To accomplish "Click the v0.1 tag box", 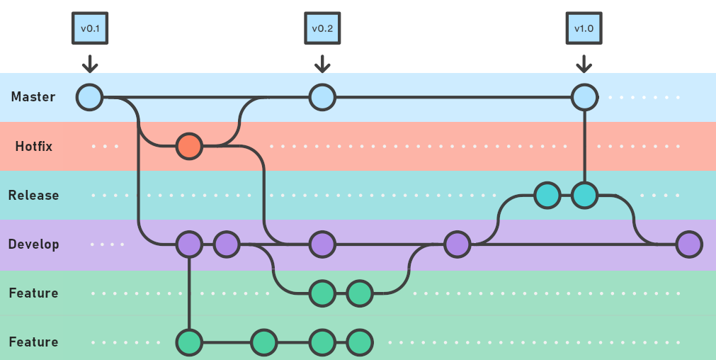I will pyautogui.click(x=89, y=29).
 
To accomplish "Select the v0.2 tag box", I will pyautogui.click(x=322, y=29).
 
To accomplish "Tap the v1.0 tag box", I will pyautogui.click(x=584, y=29).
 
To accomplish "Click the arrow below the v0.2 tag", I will pyautogui.click(x=322, y=64).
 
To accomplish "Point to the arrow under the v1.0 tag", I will pyautogui.click(x=584, y=64).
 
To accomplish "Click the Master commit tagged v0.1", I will pyautogui.click(x=89, y=97).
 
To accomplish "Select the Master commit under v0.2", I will pyautogui.click(x=322, y=97).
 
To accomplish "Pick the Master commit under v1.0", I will pyautogui.click(x=584, y=97).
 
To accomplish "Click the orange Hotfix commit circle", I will pyautogui.click(x=189, y=147).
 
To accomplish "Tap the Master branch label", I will pyautogui.click(x=33, y=97).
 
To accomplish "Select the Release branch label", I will pyautogui.click(x=33, y=195).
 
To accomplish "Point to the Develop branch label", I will pyautogui.click(x=33, y=244).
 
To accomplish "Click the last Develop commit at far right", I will pyautogui.click(x=688, y=244).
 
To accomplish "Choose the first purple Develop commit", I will pyautogui.click(x=189, y=244).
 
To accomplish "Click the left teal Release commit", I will pyautogui.click(x=547, y=196).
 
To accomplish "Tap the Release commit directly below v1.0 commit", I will pyautogui.click(x=585, y=196).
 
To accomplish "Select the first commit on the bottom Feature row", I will pyautogui.click(x=189, y=342).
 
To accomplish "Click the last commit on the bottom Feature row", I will pyautogui.click(x=360, y=342).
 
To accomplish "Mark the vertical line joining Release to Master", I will pyautogui.click(x=585, y=145).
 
